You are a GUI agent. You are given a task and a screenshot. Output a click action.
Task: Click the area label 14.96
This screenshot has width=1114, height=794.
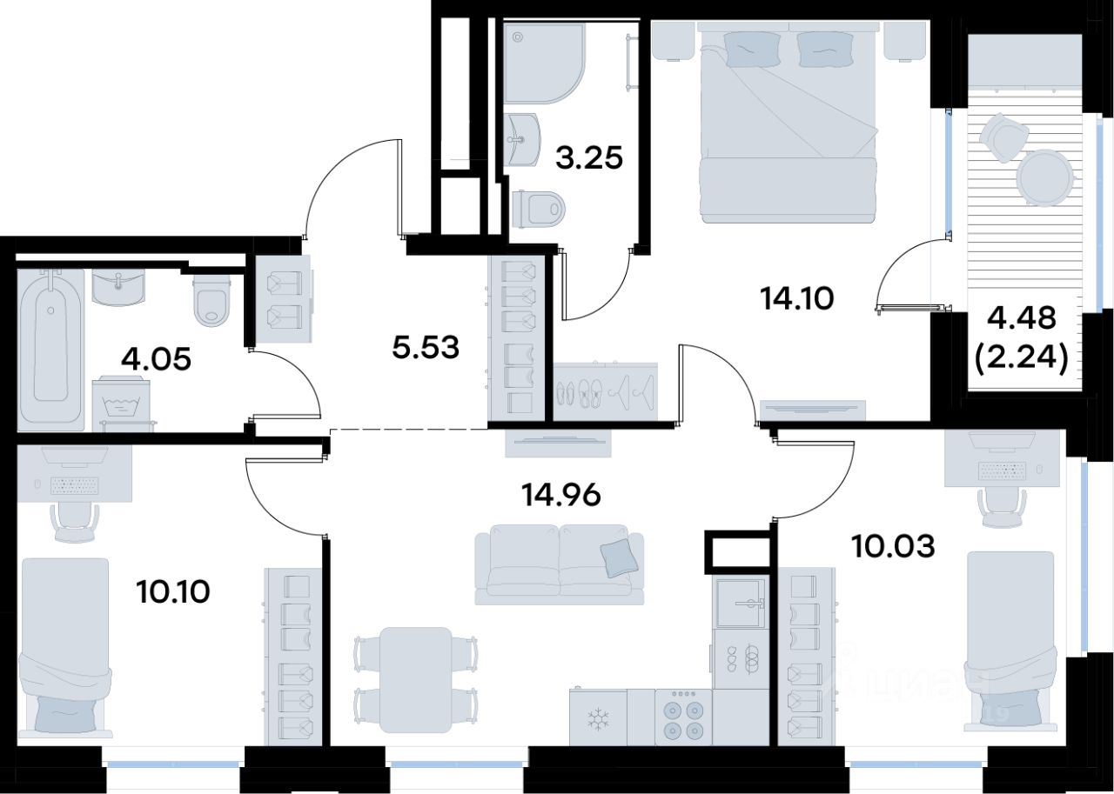point(561,495)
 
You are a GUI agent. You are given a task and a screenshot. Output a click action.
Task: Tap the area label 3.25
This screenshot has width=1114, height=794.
point(589,158)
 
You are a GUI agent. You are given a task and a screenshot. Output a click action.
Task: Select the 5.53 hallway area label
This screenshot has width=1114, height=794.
point(426,347)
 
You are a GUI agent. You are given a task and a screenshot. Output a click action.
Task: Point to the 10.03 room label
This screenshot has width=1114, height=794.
point(894,546)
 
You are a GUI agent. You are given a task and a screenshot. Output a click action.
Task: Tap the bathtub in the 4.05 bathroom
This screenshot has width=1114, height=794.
point(50,350)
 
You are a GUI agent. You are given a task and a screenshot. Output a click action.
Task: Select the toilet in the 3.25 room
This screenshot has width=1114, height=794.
point(539,210)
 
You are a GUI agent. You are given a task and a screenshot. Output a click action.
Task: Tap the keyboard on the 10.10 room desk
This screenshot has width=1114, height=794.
point(76,485)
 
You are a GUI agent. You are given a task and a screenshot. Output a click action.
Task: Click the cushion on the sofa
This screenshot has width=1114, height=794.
point(619,558)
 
